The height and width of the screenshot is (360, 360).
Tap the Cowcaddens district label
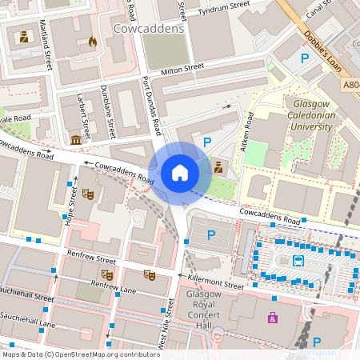click(x=149, y=28)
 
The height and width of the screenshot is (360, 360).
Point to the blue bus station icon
click(x=298, y=260)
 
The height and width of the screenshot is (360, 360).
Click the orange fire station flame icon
click(x=93, y=40)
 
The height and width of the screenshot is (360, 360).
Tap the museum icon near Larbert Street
click(x=76, y=141)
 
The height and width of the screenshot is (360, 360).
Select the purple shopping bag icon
click(x=273, y=318)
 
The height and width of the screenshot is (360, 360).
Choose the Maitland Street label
click(x=47, y=52)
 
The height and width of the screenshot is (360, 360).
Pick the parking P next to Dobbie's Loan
click(x=304, y=58)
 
